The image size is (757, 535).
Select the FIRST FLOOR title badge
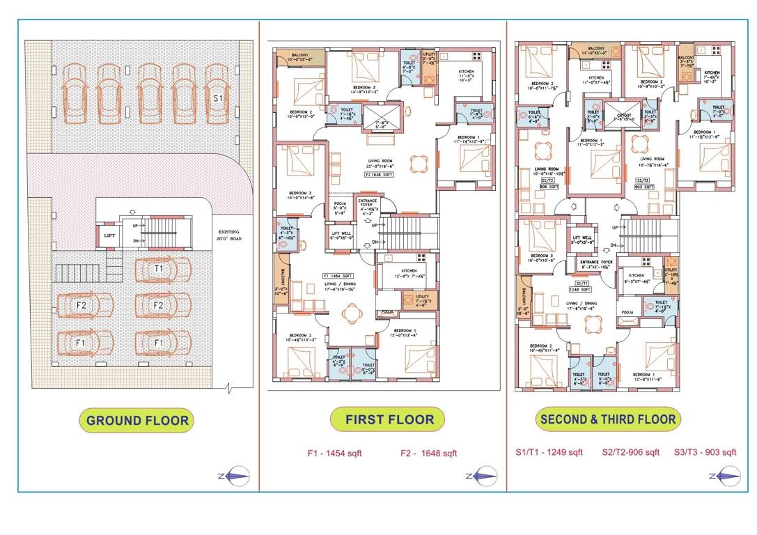tap(389, 419)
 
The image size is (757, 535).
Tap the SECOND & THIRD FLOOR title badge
tap(607, 419)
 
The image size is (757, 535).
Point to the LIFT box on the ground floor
tap(110, 235)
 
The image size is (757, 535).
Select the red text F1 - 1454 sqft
tap(334, 453)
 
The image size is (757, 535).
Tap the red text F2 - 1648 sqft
tap(428, 453)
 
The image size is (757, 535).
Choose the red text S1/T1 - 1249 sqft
tap(549, 452)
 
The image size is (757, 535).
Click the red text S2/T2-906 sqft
tap(630, 452)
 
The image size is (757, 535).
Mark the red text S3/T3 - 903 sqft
tap(705, 452)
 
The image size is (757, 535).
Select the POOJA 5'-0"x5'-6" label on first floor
tap(341, 207)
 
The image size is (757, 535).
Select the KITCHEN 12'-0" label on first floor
tap(409, 272)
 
